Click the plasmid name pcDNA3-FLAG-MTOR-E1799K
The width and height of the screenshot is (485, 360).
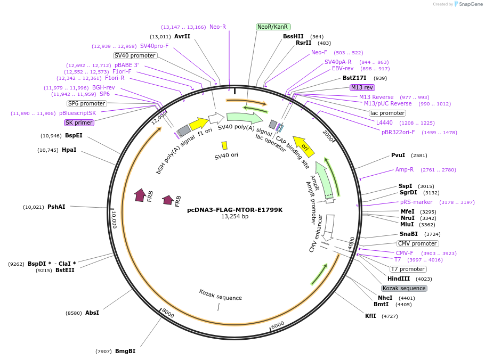[x=235, y=210]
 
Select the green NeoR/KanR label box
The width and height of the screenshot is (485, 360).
[x=272, y=27]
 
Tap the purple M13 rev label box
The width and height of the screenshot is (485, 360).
[x=362, y=87]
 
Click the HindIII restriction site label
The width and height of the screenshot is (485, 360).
[x=399, y=279]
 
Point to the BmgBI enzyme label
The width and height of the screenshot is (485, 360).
[x=125, y=351]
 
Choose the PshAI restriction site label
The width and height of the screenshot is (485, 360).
[x=56, y=207]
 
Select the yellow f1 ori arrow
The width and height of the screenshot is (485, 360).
[x=199, y=124]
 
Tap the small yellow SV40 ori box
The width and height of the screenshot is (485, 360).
[x=224, y=145]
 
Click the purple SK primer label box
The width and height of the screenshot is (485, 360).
[x=79, y=122]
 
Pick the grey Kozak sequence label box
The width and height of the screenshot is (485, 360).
[x=404, y=288]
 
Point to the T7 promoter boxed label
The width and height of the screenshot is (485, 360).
[x=408, y=269]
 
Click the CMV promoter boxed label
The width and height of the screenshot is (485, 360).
[x=418, y=243]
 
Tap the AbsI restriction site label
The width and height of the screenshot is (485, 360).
[x=92, y=313]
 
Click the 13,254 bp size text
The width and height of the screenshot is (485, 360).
[x=235, y=217]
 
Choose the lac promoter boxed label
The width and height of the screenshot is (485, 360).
[x=387, y=113]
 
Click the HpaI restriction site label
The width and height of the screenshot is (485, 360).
[x=69, y=150]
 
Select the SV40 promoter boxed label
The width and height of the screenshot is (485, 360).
[x=135, y=55]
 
